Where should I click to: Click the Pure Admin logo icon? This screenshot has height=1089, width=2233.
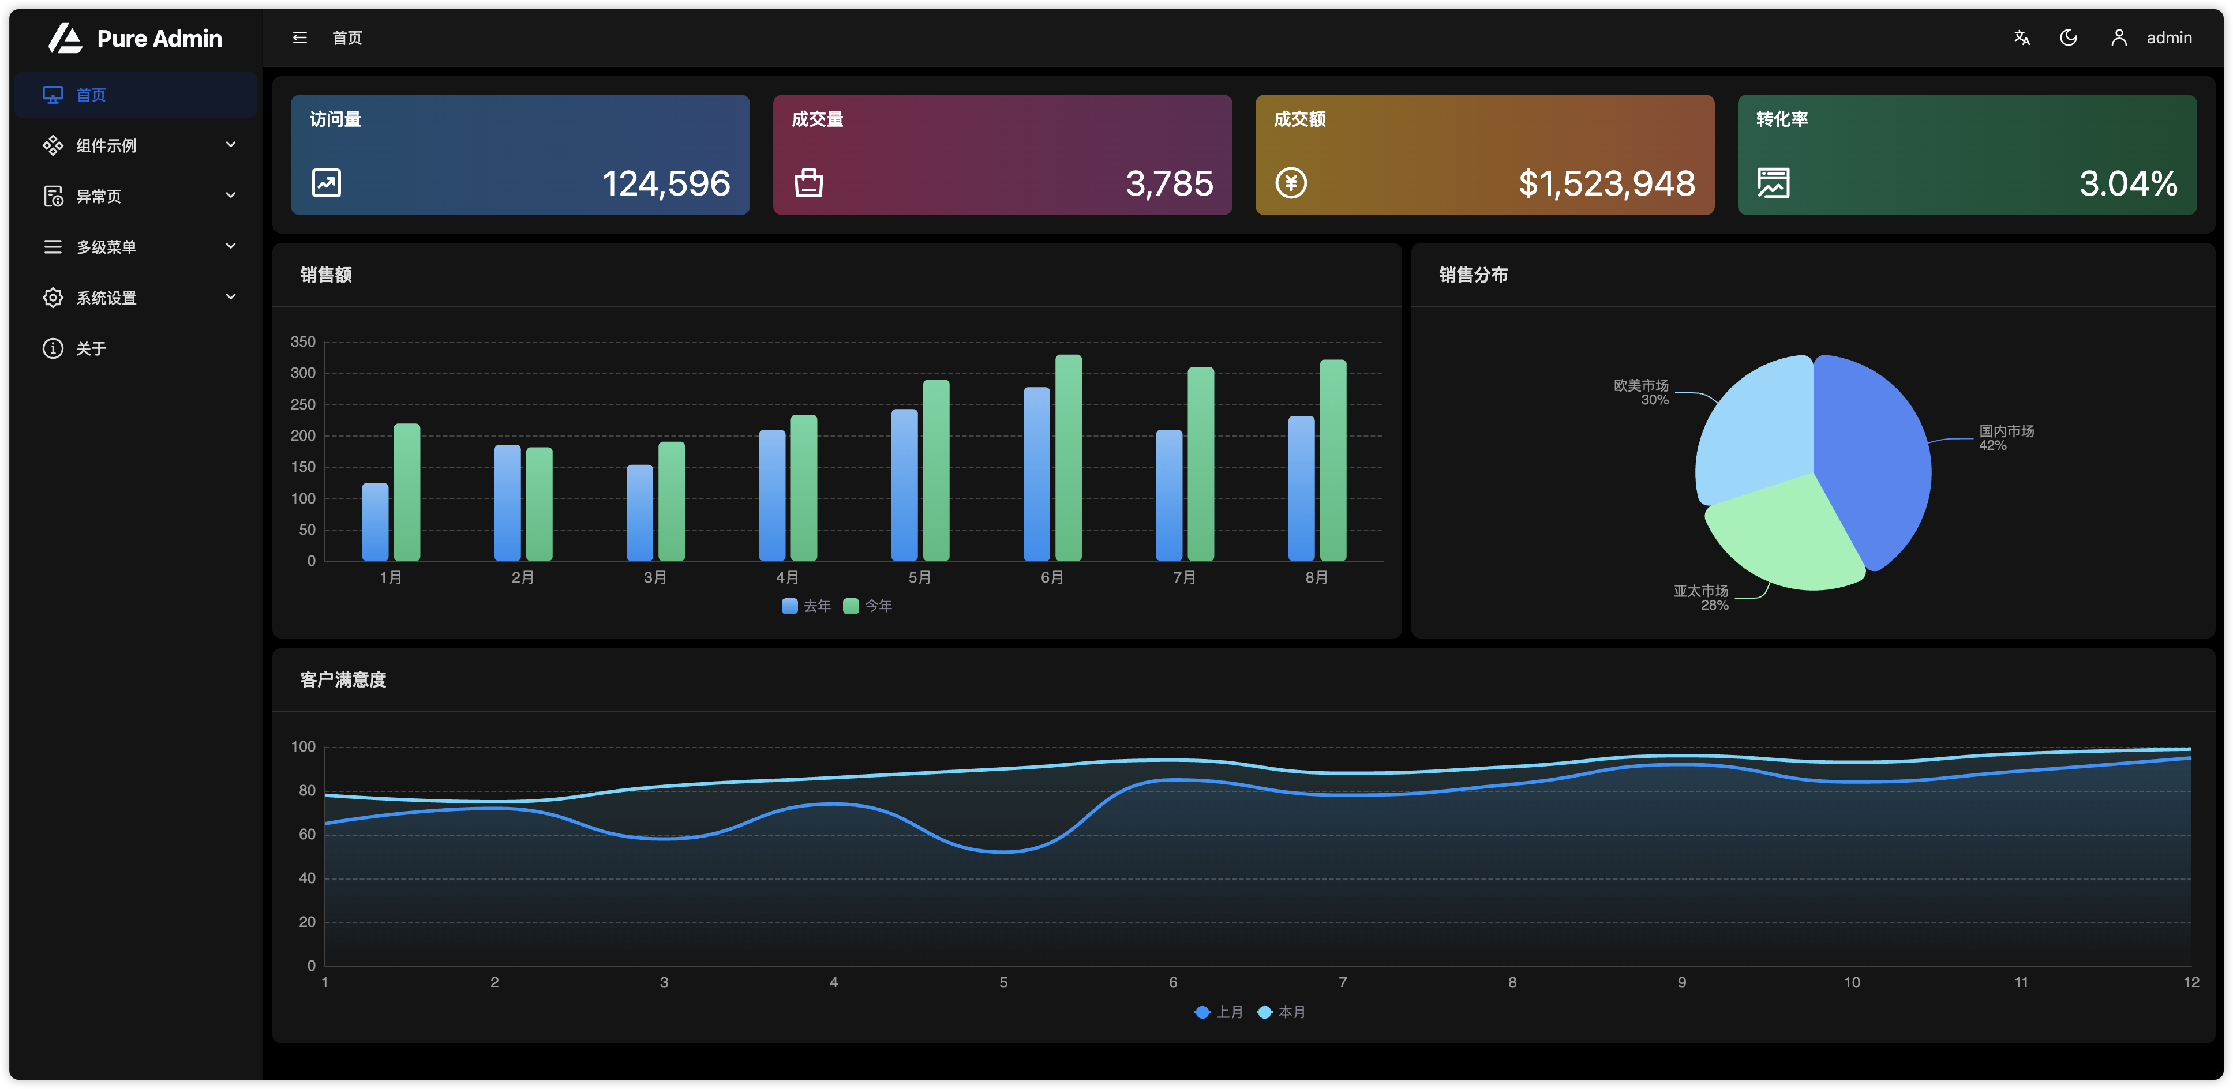(65, 38)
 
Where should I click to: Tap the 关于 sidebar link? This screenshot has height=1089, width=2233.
(91, 348)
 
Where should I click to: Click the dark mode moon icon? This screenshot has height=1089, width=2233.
(2069, 37)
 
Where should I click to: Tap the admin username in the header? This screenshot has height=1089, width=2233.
(2169, 38)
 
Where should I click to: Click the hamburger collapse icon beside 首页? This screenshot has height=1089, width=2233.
(300, 37)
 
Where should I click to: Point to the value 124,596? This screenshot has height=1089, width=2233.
(666, 183)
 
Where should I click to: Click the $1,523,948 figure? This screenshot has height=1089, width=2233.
(1606, 183)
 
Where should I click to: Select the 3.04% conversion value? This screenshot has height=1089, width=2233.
(2128, 183)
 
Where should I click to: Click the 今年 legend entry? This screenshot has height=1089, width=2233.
(868, 606)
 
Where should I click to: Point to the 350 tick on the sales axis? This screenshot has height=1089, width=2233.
(302, 342)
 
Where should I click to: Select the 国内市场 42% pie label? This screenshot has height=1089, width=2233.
(2005, 438)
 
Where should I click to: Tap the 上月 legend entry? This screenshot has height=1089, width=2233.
(1220, 1012)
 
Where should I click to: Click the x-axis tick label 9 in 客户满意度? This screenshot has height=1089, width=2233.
(1682, 982)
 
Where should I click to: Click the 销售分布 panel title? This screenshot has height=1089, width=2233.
(1473, 275)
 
